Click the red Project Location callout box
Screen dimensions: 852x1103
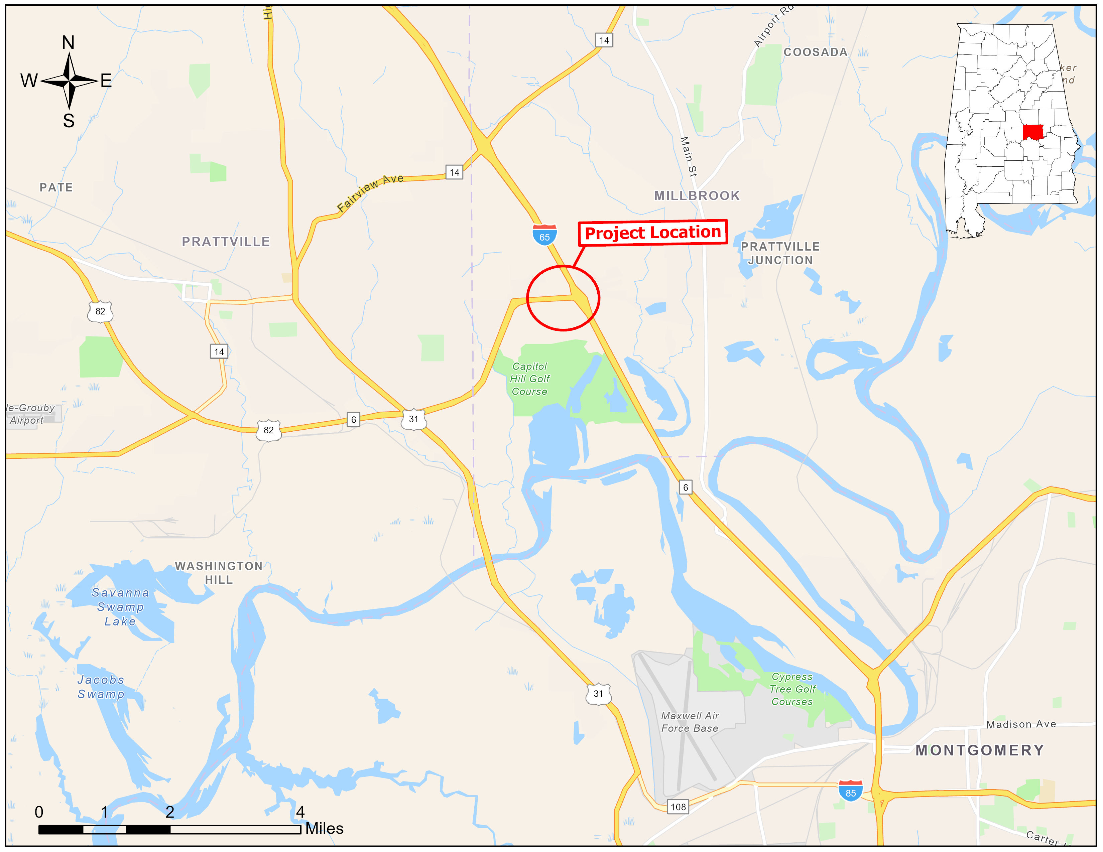tap(652, 233)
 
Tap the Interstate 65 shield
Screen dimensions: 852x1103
tap(544, 235)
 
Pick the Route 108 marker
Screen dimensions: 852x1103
tap(678, 807)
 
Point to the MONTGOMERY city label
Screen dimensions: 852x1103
tap(980, 750)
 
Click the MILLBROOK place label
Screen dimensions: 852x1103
tap(697, 196)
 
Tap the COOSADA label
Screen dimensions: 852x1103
tap(815, 52)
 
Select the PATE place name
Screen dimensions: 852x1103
tap(56, 188)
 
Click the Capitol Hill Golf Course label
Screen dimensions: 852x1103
tap(529, 379)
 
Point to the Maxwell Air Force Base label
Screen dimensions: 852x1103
tap(690, 722)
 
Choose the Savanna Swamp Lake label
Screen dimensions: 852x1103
tap(120, 607)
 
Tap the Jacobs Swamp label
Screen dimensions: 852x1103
tap(101, 687)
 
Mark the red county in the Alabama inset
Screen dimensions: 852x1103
tap(1033, 132)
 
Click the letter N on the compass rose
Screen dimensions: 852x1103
tap(68, 43)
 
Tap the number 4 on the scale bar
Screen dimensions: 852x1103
tap(300, 812)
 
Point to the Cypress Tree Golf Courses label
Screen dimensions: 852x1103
tap(792, 689)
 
